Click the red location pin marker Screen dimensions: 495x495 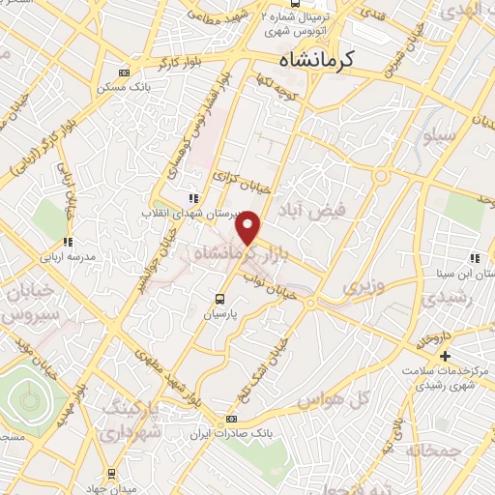[x=249, y=225]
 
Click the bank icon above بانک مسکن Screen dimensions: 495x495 [x=123, y=72]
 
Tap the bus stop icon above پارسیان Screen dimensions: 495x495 [x=219, y=298]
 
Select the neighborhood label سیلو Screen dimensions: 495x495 [x=434, y=137]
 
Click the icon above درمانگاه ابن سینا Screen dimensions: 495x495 [x=474, y=258]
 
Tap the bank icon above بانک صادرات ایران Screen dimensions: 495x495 [x=230, y=419]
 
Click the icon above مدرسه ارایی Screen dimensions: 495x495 [x=67, y=243]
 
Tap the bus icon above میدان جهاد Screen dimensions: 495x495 [x=113, y=474]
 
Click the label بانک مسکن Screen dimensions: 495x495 [x=122, y=88]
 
